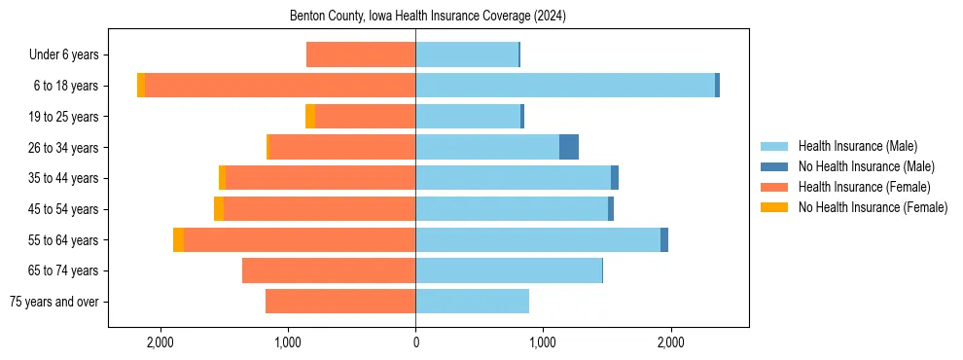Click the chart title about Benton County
pos(428,17)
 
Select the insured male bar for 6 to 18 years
pos(565,86)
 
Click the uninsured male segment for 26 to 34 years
pos(569,147)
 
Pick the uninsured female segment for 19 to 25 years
pos(310,117)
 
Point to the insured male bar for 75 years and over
pos(472,302)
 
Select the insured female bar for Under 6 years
pos(361,54)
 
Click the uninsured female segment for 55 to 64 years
pos(178,239)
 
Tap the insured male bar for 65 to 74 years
pos(509,270)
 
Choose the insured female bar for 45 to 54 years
pos(319,209)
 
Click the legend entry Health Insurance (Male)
pos(857,146)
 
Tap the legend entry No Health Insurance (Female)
pos(873,207)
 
